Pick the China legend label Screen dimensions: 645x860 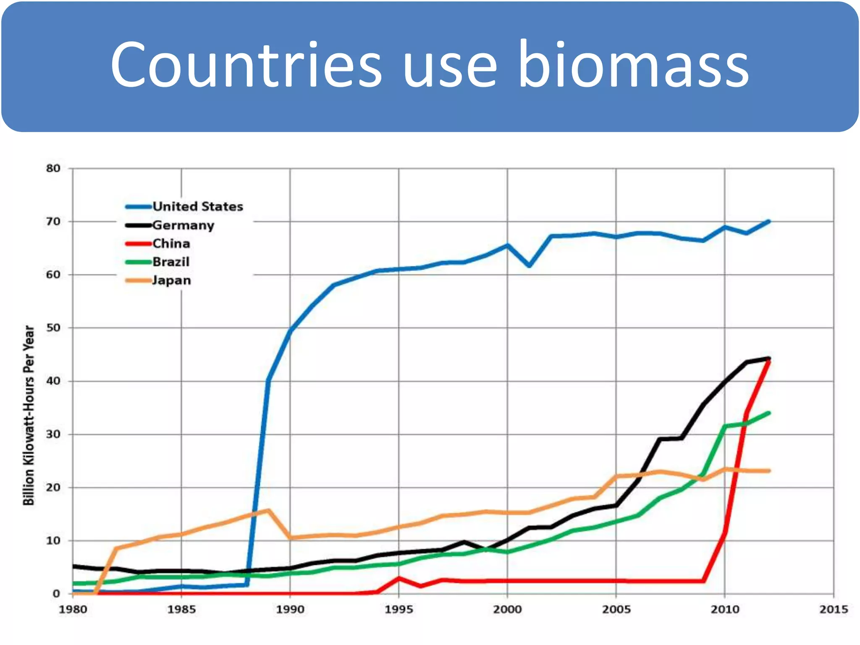171,244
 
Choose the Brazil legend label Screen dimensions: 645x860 171,262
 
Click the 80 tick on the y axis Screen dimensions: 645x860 53,168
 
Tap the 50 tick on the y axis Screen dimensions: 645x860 53,328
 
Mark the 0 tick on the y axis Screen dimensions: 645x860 56,594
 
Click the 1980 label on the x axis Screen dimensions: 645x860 73,609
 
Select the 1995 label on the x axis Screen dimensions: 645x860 399,609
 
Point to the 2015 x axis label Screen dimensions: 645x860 834,609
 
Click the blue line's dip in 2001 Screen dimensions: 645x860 529,266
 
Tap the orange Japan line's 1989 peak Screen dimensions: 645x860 268,510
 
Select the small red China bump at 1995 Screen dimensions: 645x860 399,579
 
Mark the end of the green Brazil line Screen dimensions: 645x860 769,413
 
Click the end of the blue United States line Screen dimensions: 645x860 769,221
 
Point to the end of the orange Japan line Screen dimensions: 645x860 769,471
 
